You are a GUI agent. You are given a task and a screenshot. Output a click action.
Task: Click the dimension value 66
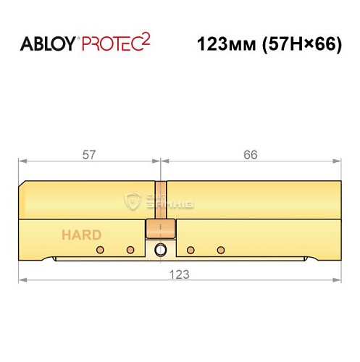click(x=250, y=154)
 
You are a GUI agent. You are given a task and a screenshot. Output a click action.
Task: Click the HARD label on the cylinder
click(x=81, y=235)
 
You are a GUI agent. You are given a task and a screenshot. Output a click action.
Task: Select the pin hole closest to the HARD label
click(x=100, y=250)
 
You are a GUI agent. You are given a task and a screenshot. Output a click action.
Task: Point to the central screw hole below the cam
click(x=160, y=251)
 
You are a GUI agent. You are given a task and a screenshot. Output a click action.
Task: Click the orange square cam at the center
click(x=160, y=229)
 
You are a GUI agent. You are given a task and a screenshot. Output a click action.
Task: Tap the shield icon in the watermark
click(x=133, y=201)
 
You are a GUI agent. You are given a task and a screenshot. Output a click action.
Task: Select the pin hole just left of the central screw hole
click(x=130, y=250)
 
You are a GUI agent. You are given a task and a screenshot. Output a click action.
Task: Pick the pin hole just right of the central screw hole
click(x=191, y=250)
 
